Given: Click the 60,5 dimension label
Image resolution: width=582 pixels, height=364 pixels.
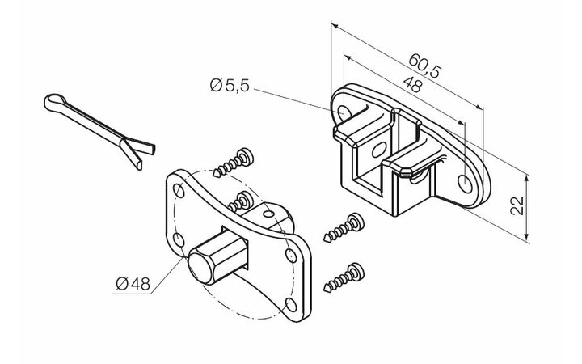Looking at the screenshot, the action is [425, 66].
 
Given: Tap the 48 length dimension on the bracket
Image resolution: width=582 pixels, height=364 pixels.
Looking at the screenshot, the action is [413, 85].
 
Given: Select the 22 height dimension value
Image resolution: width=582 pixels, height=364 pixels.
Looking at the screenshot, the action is [517, 205].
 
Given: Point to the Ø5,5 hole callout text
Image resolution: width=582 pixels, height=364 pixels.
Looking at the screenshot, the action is [230, 86].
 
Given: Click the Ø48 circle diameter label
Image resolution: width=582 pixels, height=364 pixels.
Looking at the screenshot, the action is [133, 284].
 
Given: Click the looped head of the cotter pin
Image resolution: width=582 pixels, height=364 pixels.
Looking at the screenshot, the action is [57, 102].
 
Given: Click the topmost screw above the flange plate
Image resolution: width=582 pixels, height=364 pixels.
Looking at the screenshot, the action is [234, 163].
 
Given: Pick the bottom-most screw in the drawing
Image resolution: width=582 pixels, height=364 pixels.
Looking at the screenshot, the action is [344, 277].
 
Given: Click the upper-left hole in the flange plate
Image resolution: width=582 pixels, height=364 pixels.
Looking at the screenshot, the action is [179, 191].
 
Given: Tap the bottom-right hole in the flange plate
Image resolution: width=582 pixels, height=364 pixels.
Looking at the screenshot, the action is [292, 305].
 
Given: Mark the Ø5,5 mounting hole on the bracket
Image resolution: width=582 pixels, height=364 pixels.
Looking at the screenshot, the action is [343, 110].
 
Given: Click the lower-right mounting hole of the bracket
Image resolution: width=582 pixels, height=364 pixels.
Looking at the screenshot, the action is [466, 184].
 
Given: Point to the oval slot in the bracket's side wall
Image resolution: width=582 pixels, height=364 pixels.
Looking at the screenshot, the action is [379, 150].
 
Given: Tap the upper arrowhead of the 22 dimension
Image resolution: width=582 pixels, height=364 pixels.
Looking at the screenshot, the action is [526, 179].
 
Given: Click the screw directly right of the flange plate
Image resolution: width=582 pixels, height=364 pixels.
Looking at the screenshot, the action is [344, 227].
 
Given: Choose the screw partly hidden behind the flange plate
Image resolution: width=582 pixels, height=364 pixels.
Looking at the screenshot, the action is [240, 202].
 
